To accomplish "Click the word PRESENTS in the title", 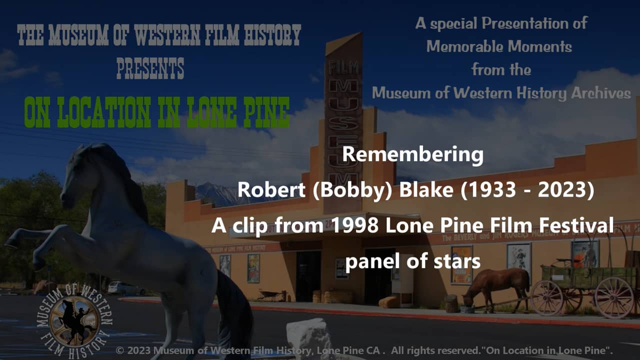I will coord(150,68).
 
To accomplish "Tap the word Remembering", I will coord(412,154).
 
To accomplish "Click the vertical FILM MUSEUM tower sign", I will coord(343,125).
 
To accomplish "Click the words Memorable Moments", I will coord(499,46).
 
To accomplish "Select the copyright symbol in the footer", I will coord(120,350).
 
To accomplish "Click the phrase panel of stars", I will coord(412,261).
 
